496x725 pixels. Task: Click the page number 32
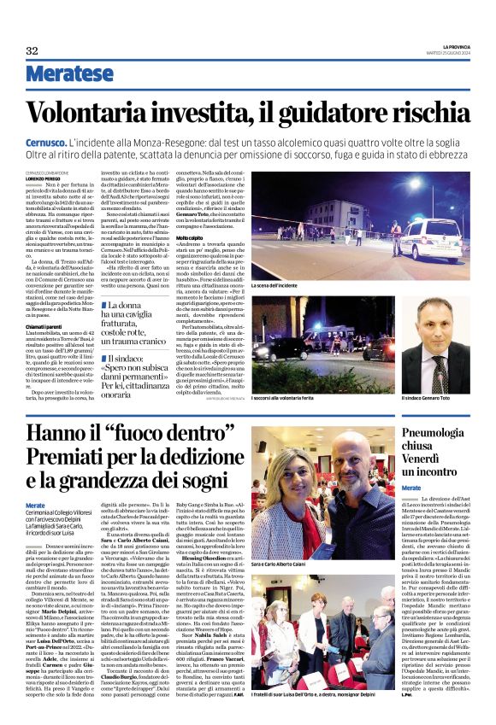point(32,50)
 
